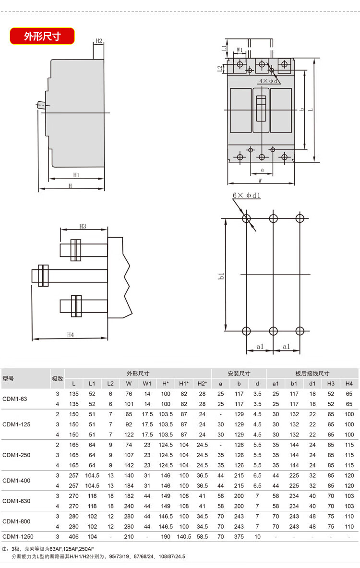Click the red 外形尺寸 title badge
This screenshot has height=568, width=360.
[x=42, y=36]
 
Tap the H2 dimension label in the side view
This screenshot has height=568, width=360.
[x=99, y=41]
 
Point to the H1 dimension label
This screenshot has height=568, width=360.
[x=76, y=175]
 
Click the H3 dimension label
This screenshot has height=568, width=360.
[x=83, y=227]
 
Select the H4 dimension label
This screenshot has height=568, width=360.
[x=70, y=335]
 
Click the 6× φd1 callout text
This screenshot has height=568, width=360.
[x=247, y=195]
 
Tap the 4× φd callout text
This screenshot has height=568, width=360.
[x=268, y=81]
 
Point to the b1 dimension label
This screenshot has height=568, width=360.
[x=221, y=276]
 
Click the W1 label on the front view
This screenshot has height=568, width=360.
[x=240, y=50]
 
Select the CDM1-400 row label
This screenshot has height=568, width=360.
[x=16, y=481]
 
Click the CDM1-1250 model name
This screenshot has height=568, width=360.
[x=18, y=536]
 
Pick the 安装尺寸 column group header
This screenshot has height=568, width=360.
[x=239, y=374]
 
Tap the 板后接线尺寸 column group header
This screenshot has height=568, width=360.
[x=312, y=374]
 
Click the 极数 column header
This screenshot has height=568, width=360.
[x=57, y=378]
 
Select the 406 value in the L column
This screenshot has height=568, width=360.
[x=73, y=536]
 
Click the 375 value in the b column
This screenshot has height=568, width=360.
[x=239, y=536]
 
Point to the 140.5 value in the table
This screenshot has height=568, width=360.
[x=184, y=536]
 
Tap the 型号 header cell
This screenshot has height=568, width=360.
[x=8, y=378]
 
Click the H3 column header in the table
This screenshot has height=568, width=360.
[x=331, y=384]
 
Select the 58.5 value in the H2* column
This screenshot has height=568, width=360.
[x=202, y=536]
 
